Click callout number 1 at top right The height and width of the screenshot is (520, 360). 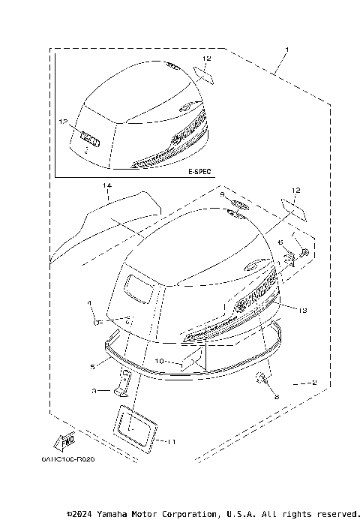click(286, 50)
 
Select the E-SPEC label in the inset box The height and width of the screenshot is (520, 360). click(199, 171)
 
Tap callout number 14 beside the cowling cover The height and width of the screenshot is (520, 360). click(107, 185)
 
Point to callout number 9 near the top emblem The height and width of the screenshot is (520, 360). click(223, 194)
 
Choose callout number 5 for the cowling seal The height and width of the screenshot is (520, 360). click(92, 367)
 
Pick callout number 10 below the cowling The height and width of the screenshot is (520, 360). click(159, 362)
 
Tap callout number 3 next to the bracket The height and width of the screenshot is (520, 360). click(94, 391)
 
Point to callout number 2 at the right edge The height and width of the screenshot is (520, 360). click(313, 382)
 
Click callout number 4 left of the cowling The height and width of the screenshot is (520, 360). click(88, 302)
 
